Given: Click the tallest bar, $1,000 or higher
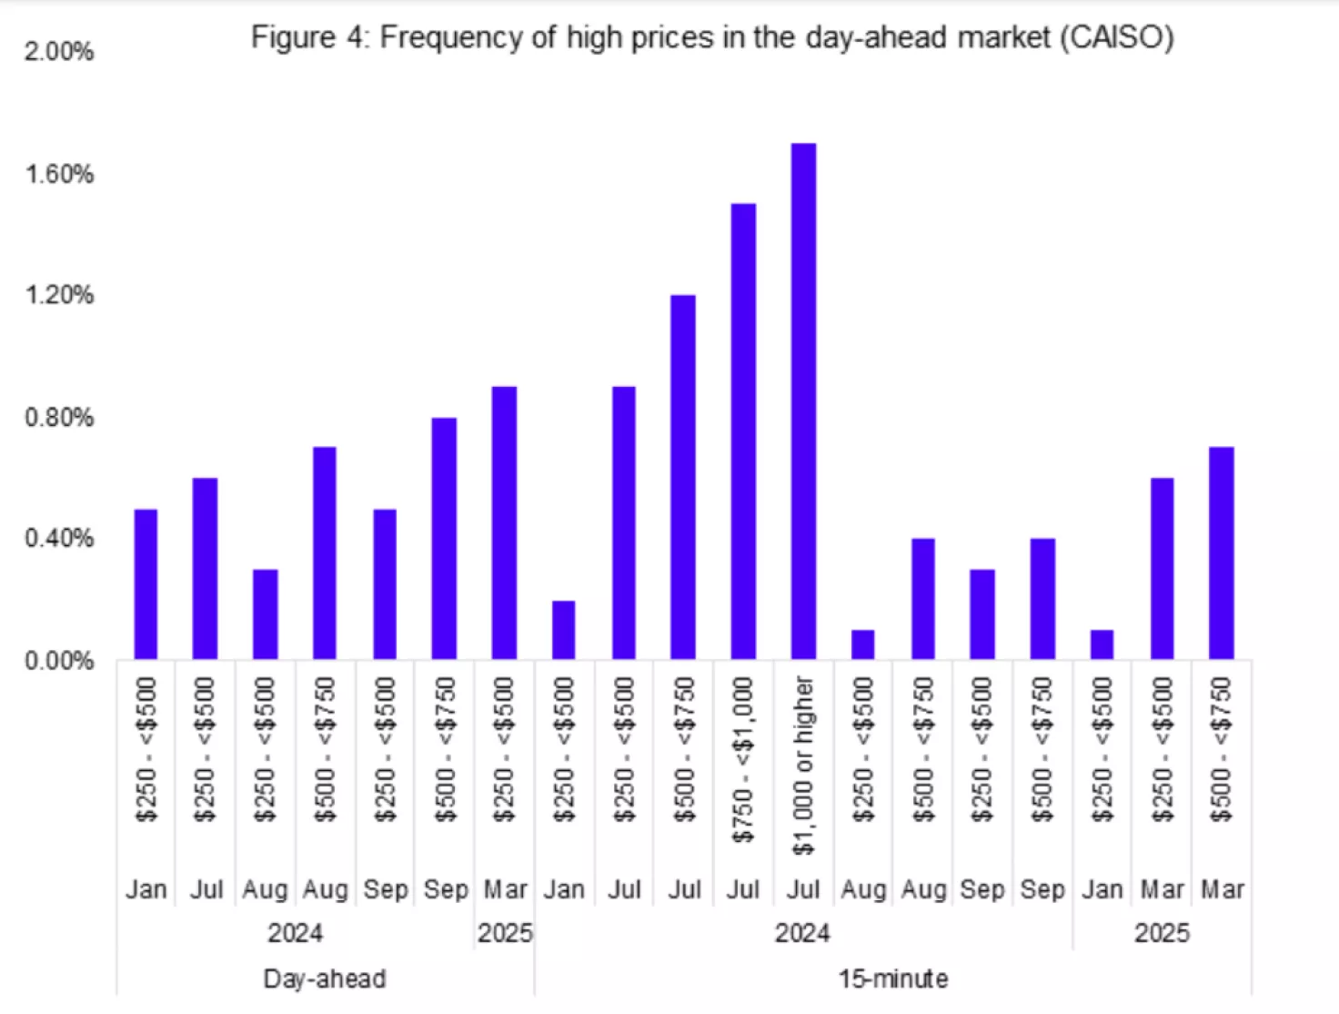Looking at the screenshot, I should [803, 401].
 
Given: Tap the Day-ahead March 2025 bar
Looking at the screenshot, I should [504, 522].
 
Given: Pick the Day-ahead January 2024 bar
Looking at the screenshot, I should [146, 583].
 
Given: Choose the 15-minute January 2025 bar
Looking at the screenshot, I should [1102, 644].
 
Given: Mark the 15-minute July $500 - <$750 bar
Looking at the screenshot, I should [683, 477].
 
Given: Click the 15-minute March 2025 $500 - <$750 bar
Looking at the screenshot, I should [1221, 553].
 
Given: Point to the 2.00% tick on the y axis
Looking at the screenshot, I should [59, 52].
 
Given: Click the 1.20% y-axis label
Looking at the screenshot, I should [59, 295].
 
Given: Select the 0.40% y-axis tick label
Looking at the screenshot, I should [59, 538].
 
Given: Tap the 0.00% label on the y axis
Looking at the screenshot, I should [59, 661].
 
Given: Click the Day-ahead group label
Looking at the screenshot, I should [325, 979].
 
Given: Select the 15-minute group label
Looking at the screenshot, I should [893, 979].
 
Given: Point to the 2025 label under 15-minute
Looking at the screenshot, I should [1162, 933].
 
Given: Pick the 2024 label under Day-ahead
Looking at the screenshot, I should [295, 933].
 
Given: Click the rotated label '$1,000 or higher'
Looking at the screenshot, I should [803, 765].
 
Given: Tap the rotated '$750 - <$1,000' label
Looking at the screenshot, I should [743, 759].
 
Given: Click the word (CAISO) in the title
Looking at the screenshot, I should [1116, 37].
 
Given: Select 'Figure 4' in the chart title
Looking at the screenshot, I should [307, 37].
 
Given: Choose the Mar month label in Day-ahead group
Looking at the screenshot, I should [505, 889].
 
